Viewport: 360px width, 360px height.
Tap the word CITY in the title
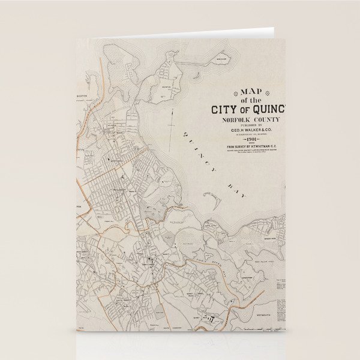pyautogui.click(x=225, y=110)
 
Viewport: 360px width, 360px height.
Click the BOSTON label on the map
pyautogui.click(x=82, y=96)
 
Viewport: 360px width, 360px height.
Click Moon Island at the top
pyautogui.click(x=221, y=60)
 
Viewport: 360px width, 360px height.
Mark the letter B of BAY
pyautogui.click(x=229, y=181)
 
